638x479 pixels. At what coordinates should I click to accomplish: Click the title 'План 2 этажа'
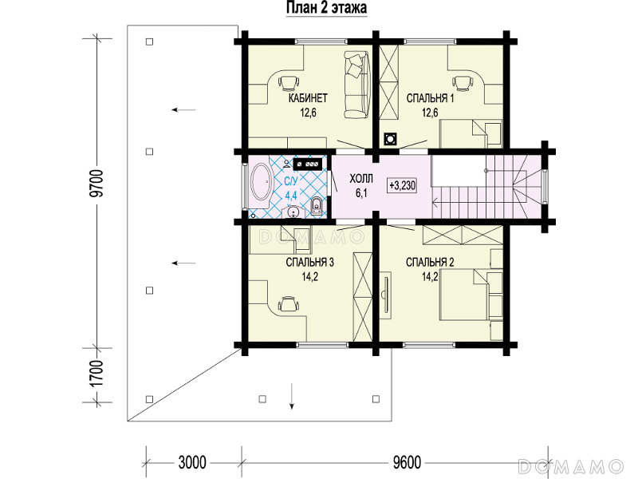coord(327,8)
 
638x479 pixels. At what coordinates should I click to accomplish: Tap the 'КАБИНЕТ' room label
coord(308,98)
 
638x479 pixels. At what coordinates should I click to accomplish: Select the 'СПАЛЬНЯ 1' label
coord(430,98)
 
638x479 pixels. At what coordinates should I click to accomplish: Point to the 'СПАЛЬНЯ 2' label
coord(430,263)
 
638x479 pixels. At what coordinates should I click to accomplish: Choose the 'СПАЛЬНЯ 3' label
coord(309,263)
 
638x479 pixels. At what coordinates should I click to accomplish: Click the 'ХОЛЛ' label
coord(361,179)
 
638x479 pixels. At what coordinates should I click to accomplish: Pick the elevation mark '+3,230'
coord(402,186)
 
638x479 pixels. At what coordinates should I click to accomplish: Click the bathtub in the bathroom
coord(262,182)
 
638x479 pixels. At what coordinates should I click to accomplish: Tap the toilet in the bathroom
coord(316,206)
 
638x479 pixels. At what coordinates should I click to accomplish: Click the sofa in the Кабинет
coord(356,84)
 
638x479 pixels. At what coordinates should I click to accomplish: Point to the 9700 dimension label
coord(97,184)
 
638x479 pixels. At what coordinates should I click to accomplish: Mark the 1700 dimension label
coord(97,374)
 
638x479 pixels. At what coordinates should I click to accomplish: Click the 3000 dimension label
coord(192,463)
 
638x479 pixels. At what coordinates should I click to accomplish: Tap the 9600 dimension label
coord(407,463)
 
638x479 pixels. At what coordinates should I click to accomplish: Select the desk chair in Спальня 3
coord(288,303)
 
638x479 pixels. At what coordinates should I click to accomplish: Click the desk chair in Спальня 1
coord(463,83)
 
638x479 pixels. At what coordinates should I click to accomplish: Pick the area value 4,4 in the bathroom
coord(291,195)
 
